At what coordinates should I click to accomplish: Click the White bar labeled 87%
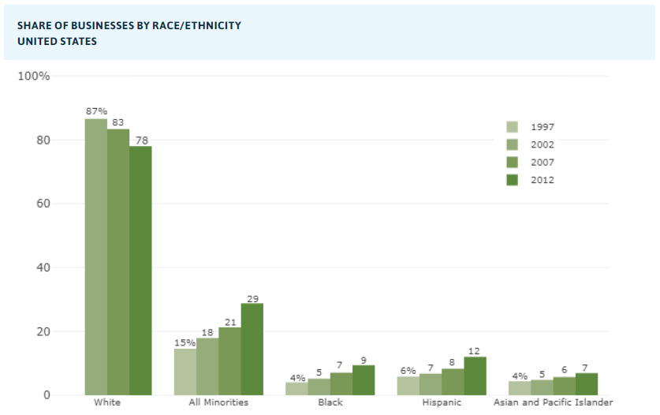pyautogui.click(x=96, y=256)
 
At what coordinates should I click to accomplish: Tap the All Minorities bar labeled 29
pyautogui.click(x=252, y=349)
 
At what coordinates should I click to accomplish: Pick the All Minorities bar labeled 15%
pyautogui.click(x=185, y=372)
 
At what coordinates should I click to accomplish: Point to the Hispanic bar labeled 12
pyautogui.click(x=475, y=376)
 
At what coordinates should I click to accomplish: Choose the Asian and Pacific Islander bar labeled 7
pyautogui.click(x=586, y=383)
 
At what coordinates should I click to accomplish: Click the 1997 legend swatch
pyautogui.click(x=512, y=127)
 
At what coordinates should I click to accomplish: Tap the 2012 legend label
pyautogui.click(x=543, y=180)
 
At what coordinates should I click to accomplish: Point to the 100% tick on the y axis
pyautogui.click(x=34, y=76)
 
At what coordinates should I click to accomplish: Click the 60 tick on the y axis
pyautogui.click(x=41, y=204)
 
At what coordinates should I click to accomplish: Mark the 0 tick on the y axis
pyautogui.click(x=46, y=395)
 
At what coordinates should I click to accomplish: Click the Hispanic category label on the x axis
pyautogui.click(x=442, y=403)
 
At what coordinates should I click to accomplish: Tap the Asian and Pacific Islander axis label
pyautogui.click(x=553, y=403)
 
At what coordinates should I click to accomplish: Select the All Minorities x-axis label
pyautogui.click(x=218, y=403)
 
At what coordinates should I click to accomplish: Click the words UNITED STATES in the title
pyautogui.click(x=58, y=41)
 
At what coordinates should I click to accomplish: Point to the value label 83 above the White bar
pyautogui.click(x=118, y=122)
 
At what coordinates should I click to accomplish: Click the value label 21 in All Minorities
pyautogui.click(x=229, y=321)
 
